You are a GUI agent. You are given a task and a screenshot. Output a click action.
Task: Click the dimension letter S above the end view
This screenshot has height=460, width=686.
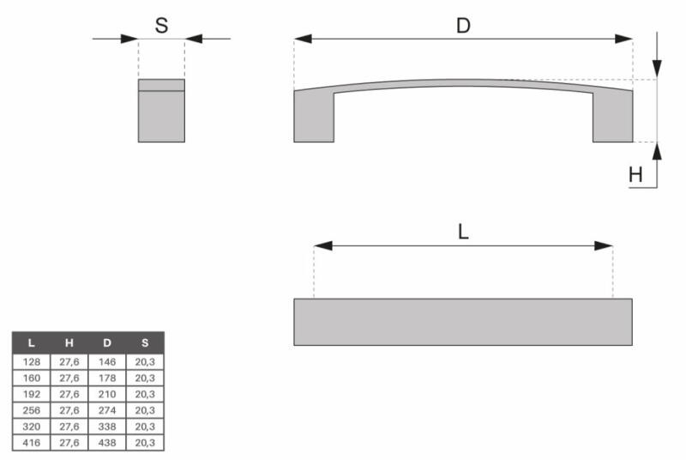(x=161, y=26)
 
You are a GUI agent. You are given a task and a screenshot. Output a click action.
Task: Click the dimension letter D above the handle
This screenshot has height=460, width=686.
(x=463, y=26)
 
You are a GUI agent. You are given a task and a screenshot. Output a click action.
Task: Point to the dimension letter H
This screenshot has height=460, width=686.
(x=635, y=175)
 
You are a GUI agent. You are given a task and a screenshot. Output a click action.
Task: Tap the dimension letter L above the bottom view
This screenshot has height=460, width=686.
(x=463, y=232)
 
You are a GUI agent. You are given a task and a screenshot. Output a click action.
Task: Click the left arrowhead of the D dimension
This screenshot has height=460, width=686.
(x=303, y=39)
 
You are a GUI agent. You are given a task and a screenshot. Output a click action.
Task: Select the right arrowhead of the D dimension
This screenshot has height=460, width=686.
(x=623, y=39)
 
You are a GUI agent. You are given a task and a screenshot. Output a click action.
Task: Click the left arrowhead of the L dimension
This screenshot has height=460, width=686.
(x=323, y=245)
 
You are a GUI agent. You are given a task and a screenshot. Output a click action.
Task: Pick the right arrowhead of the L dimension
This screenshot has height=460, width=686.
(x=604, y=245)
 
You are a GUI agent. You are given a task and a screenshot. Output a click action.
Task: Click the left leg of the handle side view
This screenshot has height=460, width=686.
(x=314, y=116)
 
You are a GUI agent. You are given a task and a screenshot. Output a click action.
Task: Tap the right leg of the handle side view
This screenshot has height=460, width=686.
(x=612, y=116)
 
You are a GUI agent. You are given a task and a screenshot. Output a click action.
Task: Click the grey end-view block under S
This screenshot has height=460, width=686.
(x=161, y=111)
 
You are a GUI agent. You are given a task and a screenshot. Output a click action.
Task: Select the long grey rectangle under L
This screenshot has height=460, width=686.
(x=463, y=322)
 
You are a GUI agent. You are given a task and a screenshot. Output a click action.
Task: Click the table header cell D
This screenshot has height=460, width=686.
(x=107, y=342)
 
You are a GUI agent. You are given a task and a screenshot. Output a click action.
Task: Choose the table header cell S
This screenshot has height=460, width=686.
(x=145, y=342)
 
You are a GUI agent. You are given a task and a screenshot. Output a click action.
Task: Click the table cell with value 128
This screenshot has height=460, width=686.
(x=32, y=362)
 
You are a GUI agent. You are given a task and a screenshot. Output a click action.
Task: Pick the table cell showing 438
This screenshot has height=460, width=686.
(x=107, y=443)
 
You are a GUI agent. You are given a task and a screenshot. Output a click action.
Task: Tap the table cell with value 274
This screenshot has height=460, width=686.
(x=107, y=410)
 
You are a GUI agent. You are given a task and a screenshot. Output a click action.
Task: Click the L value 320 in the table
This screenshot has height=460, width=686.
(x=32, y=427)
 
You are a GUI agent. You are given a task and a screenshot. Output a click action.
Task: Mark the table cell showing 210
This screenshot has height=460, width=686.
(x=107, y=394)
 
